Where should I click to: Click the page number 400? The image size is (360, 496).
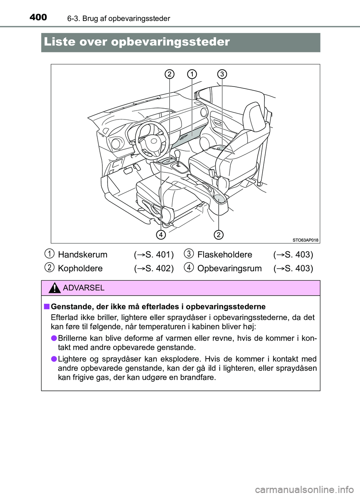[38, 17]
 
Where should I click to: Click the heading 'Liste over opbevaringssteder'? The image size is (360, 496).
[137, 42]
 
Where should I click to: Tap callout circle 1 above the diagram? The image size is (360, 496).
[192, 74]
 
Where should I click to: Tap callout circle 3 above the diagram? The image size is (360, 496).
[222, 74]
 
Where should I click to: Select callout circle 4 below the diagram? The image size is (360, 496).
[161, 235]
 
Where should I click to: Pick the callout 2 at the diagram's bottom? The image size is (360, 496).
[218, 235]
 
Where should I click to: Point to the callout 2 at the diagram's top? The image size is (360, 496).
[169, 74]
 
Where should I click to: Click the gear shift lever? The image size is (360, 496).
[177, 155]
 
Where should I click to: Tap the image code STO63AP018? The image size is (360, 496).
[305, 240]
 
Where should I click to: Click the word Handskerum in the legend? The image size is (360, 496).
[82, 255]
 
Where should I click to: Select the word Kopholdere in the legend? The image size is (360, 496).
[80, 269]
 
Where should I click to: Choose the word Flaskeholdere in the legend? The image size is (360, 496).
[225, 255]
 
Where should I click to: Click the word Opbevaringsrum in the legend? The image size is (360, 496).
[229, 269]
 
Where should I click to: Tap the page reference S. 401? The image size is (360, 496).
[159, 255]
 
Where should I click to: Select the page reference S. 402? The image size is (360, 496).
[159, 269]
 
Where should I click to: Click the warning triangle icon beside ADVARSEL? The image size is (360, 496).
[55, 288]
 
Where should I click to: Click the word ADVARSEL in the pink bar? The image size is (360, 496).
[84, 288]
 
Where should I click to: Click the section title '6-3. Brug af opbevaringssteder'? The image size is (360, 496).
[119, 18]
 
